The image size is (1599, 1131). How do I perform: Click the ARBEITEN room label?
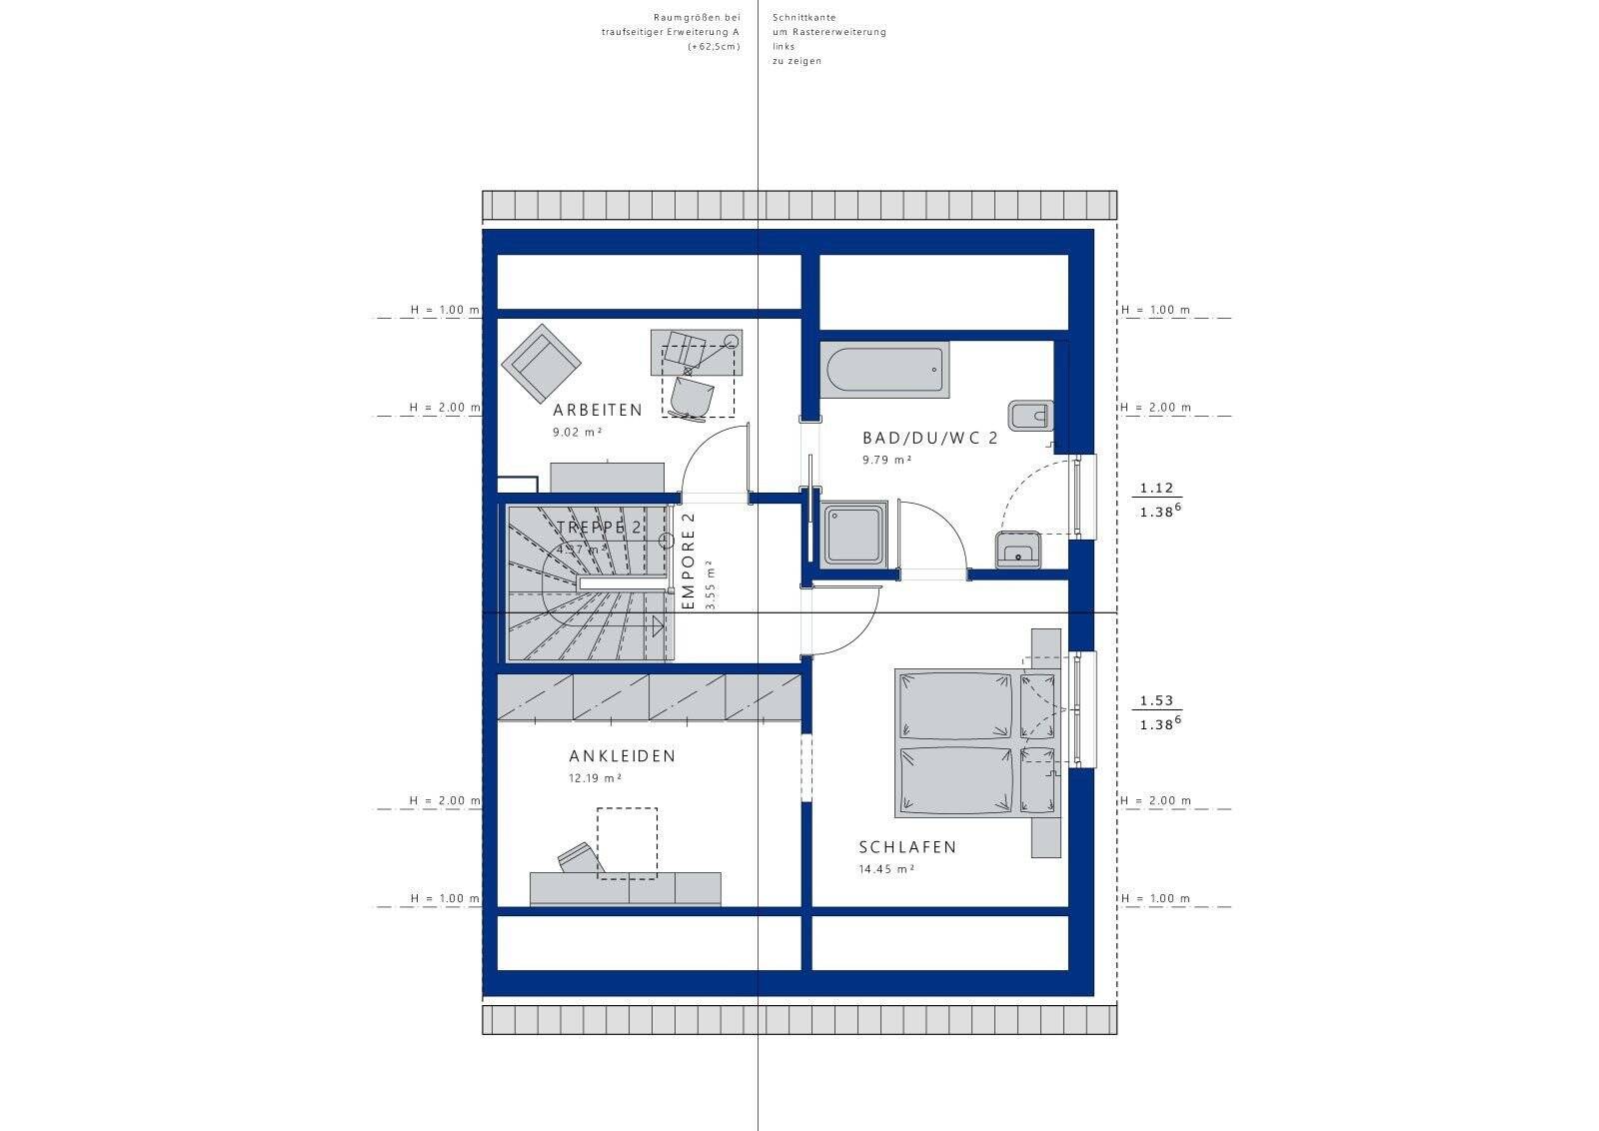[x=598, y=411]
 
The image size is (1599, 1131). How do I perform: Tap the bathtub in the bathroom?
[x=884, y=370]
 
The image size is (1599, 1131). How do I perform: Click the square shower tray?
[x=853, y=535]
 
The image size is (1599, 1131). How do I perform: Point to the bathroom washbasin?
[x=1017, y=550]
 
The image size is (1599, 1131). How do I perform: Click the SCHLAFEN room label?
[x=907, y=847]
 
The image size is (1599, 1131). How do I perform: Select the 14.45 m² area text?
[x=886, y=869]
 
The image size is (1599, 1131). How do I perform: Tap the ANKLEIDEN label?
[x=622, y=756]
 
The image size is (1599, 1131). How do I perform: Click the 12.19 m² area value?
[x=596, y=778]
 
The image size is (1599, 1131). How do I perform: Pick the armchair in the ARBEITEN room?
[x=541, y=360]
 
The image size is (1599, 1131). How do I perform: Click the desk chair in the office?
[x=692, y=397]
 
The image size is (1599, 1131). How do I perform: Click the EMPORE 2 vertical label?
[x=688, y=562]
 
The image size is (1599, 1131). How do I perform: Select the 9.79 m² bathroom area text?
[x=887, y=461]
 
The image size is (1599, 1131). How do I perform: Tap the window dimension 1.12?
[x=1156, y=489]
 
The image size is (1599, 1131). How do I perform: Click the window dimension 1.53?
[x=1156, y=701]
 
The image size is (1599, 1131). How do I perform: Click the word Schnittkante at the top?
[x=803, y=18]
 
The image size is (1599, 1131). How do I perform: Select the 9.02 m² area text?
[x=578, y=433]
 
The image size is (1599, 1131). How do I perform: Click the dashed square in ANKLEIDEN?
[x=627, y=843]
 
